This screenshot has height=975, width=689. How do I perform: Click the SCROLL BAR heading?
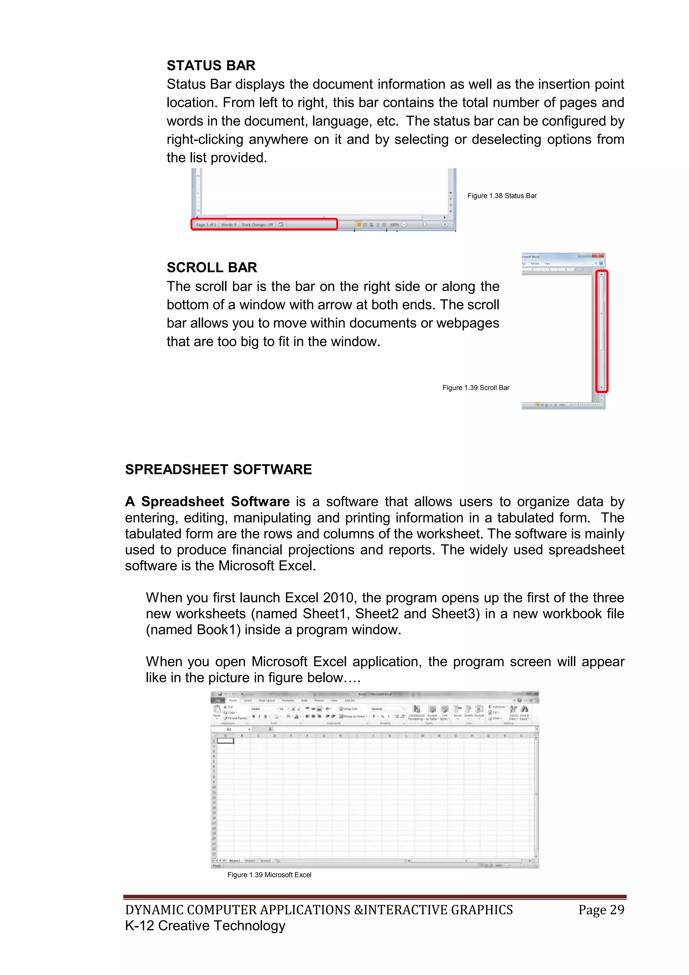coord(212,268)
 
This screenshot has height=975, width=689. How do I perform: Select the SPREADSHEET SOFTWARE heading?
coord(218,469)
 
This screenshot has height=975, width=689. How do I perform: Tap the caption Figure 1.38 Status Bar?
coord(502,196)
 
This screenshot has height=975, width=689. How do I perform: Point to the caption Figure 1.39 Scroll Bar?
coord(476,388)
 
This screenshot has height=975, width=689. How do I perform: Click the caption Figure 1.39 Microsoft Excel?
coord(269,875)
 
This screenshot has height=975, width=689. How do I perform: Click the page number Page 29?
coord(601,910)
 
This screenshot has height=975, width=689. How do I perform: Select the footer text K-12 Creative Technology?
coord(205,926)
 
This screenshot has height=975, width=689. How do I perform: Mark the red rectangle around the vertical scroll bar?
coord(602,331)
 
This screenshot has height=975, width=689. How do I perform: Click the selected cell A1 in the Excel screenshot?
coord(225,741)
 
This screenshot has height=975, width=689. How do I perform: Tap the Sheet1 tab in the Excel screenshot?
coord(234,861)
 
